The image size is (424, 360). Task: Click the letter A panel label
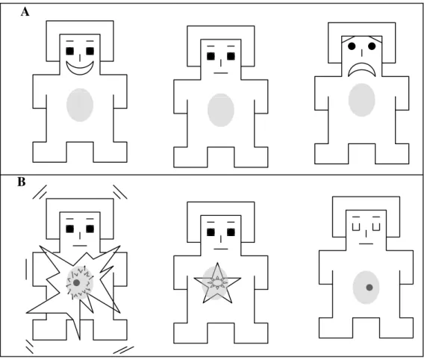pyautogui.click(x=25, y=12)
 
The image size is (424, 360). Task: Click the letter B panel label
pyautogui.click(x=22, y=181)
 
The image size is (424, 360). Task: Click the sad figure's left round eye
pyautogui.click(x=352, y=46)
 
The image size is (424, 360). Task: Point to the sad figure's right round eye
pyautogui.click(x=372, y=46)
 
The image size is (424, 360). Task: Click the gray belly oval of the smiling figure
pyautogui.click(x=80, y=105)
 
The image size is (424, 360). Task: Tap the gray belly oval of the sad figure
pyautogui.click(x=361, y=100)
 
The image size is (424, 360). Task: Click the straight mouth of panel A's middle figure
pyautogui.click(x=221, y=73)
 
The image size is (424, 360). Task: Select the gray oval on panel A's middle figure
pyautogui.click(x=221, y=110)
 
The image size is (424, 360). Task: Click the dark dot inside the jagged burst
pyautogui.click(x=77, y=283)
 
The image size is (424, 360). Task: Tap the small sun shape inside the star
pyautogui.click(x=217, y=282)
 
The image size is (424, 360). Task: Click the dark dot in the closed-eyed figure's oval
pyautogui.click(x=370, y=288)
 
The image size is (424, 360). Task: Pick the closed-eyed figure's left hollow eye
pyautogui.click(x=356, y=227)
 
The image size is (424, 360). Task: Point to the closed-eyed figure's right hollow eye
pyautogui.click(x=376, y=227)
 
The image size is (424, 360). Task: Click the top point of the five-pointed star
pyautogui.click(x=217, y=263)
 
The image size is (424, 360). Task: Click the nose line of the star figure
pyautogui.click(x=221, y=239)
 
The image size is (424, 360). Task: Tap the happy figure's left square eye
pyautogui.click(x=69, y=51)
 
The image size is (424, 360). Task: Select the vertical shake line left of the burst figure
pyautogui.click(x=27, y=269)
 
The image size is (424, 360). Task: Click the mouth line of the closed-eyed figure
pyautogui.click(x=366, y=243)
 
